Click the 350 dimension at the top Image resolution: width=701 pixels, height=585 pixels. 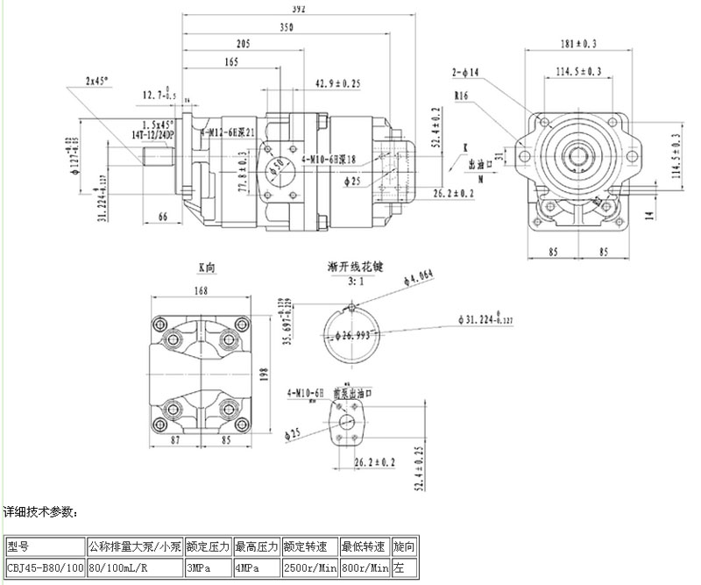[287, 28]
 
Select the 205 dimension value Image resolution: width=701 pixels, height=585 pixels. [244, 45]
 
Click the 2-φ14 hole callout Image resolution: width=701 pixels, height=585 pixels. [464, 71]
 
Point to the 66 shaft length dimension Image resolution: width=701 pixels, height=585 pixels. [163, 216]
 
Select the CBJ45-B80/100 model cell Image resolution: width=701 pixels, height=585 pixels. [46, 568]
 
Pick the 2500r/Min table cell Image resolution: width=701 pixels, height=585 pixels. [310, 568]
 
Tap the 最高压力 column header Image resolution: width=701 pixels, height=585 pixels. [257, 546]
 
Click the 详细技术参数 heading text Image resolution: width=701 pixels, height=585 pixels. [41, 510]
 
